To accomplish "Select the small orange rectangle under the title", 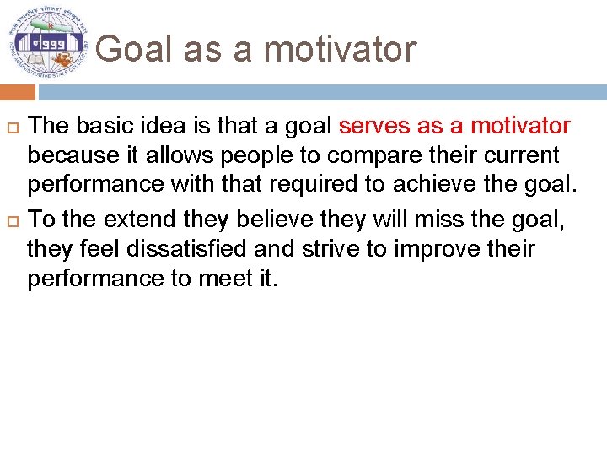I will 18,92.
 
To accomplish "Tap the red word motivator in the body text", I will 520,127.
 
